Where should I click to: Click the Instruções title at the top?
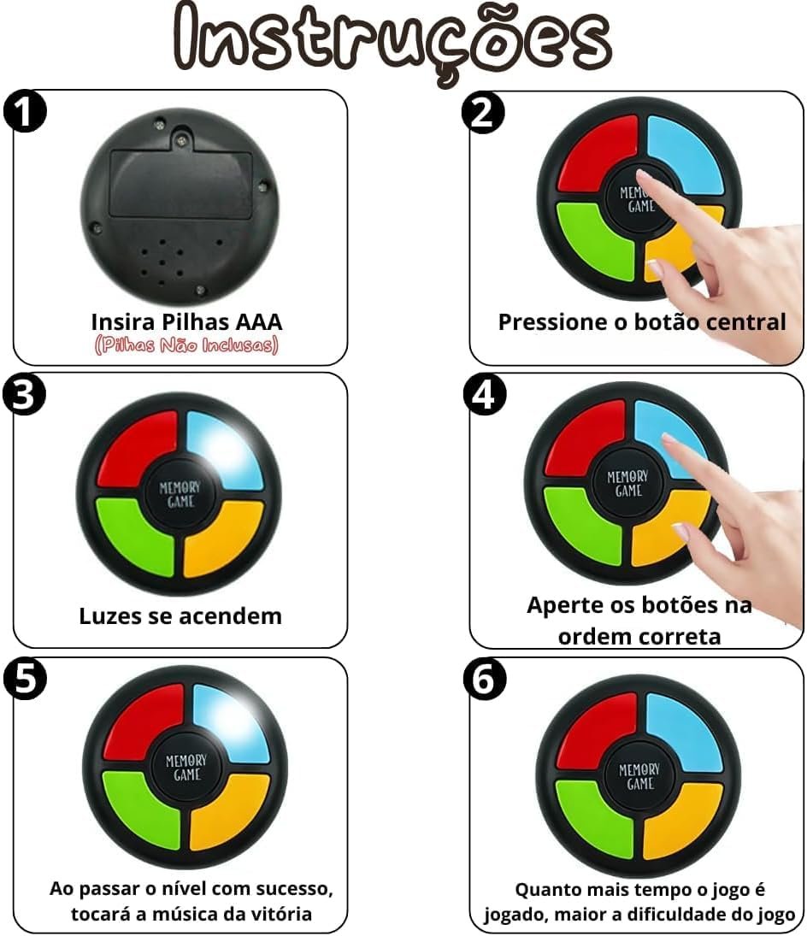tap(392, 40)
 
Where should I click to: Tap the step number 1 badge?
tap(25, 112)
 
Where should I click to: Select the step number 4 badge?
tap(485, 395)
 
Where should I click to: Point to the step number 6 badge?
tap(485, 680)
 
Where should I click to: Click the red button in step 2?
tap(597, 158)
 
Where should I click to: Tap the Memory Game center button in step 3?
tap(180, 494)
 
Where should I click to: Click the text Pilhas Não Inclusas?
tap(186, 345)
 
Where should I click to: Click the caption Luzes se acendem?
tap(180, 615)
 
